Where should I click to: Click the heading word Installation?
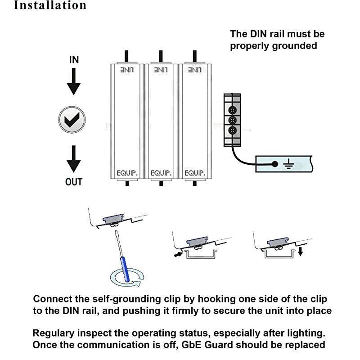click(x=50, y=5)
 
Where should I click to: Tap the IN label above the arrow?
click(x=74, y=60)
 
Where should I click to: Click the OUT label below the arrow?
click(x=74, y=181)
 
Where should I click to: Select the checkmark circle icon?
click(x=72, y=120)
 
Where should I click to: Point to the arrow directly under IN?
click(x=74, y=81)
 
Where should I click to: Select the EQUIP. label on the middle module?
click(x=160, y=173)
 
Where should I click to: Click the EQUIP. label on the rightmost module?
click(x=194, y=173)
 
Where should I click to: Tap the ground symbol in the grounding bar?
click(x=287, y=164)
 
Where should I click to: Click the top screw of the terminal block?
click(x=232, y=110)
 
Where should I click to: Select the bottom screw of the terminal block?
click(x=232, y=130)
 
